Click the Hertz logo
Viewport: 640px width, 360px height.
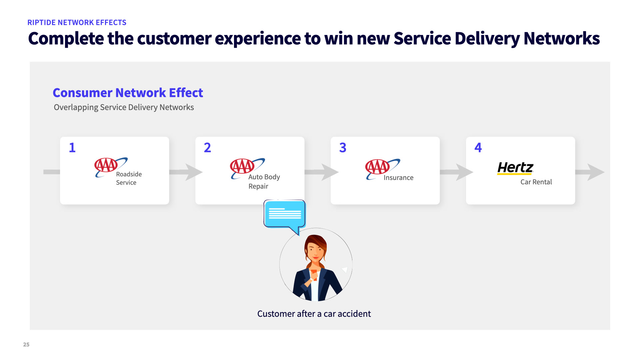[515, 168]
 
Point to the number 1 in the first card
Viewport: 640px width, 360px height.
[72, 148]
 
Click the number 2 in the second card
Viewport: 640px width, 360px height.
[207, 148]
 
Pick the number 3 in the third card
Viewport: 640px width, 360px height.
[343, 148]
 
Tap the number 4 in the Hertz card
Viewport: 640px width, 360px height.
[478, 148]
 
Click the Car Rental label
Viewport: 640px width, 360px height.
[536, 182]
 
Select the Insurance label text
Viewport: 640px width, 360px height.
[398, 178]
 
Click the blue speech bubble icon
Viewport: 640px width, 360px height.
[285, 214]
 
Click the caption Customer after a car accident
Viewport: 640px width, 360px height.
[314, 314]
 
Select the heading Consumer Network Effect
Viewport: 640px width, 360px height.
[128, 93]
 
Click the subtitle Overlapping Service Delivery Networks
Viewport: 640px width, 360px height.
[124, 107]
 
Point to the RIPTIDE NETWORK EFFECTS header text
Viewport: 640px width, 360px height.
[77, 23]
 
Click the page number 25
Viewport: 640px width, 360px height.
[26, 345]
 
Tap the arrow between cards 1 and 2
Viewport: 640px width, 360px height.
[187, 172]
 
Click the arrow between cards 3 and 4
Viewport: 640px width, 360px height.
[457, 172]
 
